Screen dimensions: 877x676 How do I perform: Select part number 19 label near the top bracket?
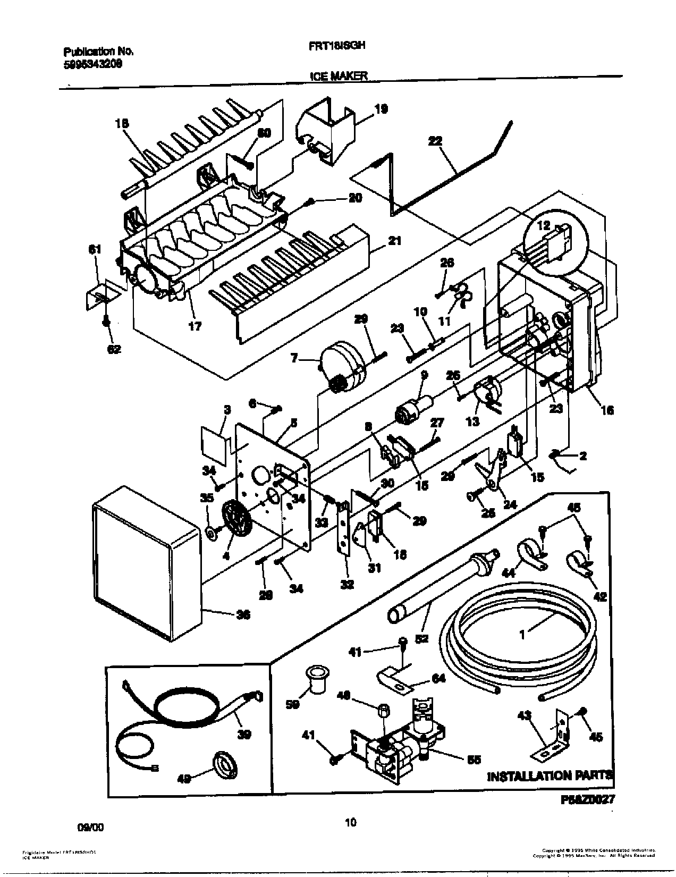pos(380,109)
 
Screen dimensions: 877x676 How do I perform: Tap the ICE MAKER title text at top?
pos(339,77)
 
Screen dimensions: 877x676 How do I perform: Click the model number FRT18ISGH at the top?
pos(337,46)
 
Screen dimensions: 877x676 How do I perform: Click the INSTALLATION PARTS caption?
pos(550,775)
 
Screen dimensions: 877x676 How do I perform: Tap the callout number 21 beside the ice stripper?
pos(394,241)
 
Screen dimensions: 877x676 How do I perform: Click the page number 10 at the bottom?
pos(350,823)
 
